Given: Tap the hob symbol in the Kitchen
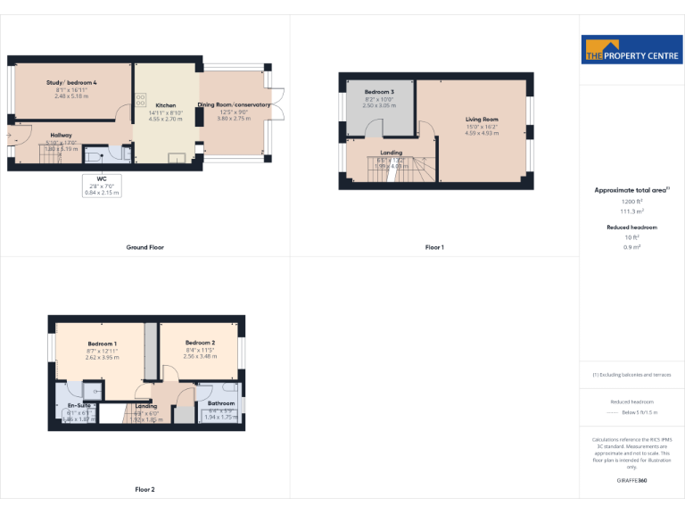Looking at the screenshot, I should [141, 100].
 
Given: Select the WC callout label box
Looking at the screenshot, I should [102, 185].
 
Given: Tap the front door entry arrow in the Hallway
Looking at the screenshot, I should [10, 136].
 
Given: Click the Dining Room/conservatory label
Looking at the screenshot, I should [234, 104].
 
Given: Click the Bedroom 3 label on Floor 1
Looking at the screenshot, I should [379, 92].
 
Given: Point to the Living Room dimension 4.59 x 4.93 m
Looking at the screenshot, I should [482, 133].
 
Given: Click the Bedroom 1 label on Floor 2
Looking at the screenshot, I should [102, 344].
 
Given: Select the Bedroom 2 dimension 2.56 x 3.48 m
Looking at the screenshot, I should [201, 357].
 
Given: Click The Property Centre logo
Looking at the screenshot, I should [631, 50].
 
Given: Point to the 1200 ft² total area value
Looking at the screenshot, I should [631, 203].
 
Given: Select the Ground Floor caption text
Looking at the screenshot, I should [144, 247].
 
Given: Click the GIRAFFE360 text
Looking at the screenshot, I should [631, 481].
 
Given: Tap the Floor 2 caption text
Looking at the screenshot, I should [144, 490].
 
